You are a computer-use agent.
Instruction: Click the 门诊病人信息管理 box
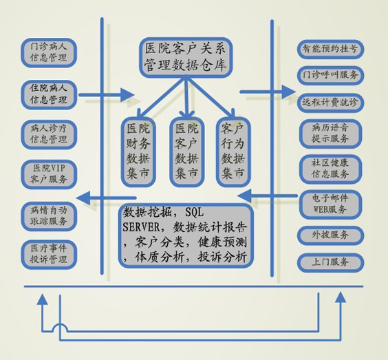pos(49,52)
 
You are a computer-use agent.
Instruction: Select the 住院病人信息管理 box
pos(49,94)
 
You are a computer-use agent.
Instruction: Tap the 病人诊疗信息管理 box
pos(49,134)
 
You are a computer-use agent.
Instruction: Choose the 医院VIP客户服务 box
pos(49,174)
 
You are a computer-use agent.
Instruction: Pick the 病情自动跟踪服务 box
pos(49,216)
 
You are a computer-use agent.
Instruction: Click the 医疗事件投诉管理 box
pos(49,255)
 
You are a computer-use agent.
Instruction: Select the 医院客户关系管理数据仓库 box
pos(186,57)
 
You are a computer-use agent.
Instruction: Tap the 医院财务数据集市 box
pos(138,151)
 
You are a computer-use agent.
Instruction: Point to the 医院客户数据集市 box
pos(186,151)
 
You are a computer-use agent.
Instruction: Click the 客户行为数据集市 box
pos(233,151)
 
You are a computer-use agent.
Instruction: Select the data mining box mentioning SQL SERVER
pos(186,235)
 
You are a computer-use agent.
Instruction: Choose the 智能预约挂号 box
pos(330,49)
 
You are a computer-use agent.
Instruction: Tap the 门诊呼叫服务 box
pos(330,75)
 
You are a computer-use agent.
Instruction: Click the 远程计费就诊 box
pos(330,103)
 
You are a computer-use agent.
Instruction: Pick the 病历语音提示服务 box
pos(330,134)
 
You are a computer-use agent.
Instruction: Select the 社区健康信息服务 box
pos(330,169)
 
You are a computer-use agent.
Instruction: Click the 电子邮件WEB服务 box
pos(330,204)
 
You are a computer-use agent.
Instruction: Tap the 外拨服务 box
pos(330,235)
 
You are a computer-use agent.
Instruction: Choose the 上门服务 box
pos(330,262)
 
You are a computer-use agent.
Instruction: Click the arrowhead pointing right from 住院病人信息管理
pos(128,94)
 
